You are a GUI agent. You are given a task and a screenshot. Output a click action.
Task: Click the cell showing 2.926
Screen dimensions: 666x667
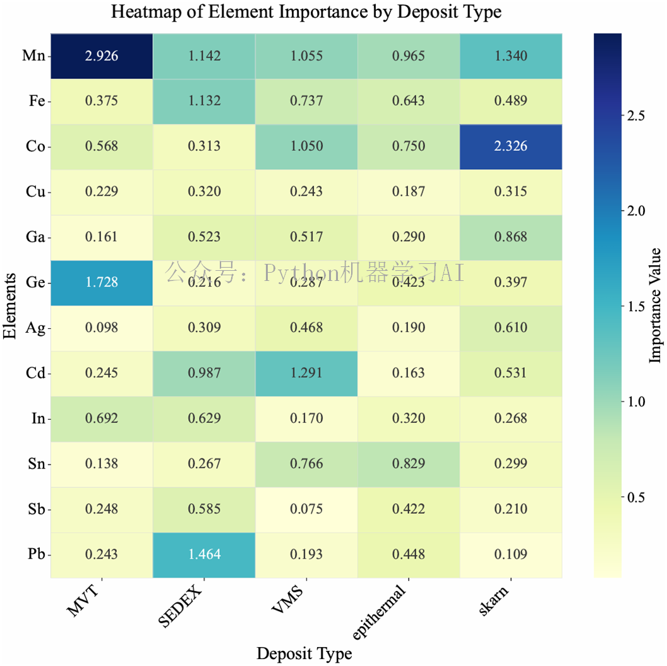point(102,56)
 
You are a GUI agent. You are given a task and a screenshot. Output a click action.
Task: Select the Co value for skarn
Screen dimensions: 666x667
point(511,146)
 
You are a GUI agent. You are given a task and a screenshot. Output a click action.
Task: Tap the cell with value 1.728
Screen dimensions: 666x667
point(102,282)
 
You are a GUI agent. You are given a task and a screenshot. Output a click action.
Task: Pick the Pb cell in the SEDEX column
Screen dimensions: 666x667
point(204,554)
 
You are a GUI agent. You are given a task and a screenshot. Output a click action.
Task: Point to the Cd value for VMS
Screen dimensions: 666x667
point(306,372)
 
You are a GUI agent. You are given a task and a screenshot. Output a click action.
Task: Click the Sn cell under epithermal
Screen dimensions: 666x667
point(409,463)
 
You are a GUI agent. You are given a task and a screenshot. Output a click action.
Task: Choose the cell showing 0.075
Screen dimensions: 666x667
point(306,509)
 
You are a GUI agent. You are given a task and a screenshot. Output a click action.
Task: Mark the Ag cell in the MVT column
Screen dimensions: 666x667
point(102,328)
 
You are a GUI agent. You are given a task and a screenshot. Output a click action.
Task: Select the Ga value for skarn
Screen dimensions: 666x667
point(511,237)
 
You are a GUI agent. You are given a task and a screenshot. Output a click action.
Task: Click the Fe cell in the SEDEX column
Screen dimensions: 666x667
point(204,101)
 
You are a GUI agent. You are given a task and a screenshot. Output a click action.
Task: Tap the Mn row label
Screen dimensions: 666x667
point(33,56)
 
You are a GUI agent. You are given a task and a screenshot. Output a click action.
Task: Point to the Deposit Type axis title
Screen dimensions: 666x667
point(304,653)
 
